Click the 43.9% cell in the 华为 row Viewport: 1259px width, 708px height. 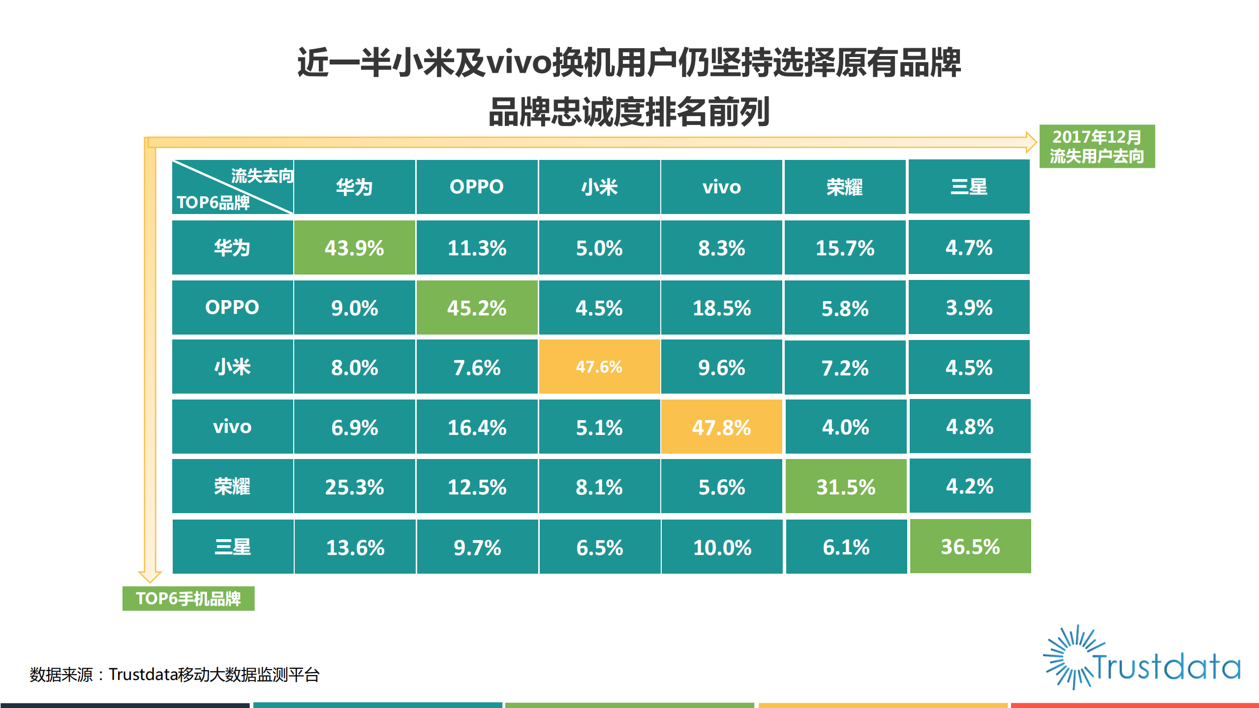pos(354,247)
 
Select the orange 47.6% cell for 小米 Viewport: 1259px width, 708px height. pos(599,367)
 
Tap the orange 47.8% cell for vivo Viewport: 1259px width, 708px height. pos(721,427)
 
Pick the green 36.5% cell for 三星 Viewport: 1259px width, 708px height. pos(970,547)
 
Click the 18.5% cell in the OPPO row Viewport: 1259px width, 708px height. pos(721,308)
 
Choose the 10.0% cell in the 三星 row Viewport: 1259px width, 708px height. pos(722,547)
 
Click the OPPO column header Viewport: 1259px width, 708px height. pos(476,187)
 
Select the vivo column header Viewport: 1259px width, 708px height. pos(721,187)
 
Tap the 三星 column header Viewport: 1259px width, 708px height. pos(968,187)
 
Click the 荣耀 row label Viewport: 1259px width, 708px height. pos(232,487)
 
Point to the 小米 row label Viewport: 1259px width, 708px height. pos(232,367)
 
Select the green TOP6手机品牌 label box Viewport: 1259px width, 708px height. pos(188,599)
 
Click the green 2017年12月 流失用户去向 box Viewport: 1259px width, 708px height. pos(1097,147)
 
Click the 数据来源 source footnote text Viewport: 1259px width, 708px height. pos(175,675)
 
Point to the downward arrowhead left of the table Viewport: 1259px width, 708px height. pos(150,576)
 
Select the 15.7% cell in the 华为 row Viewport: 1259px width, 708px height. pos(844,247)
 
